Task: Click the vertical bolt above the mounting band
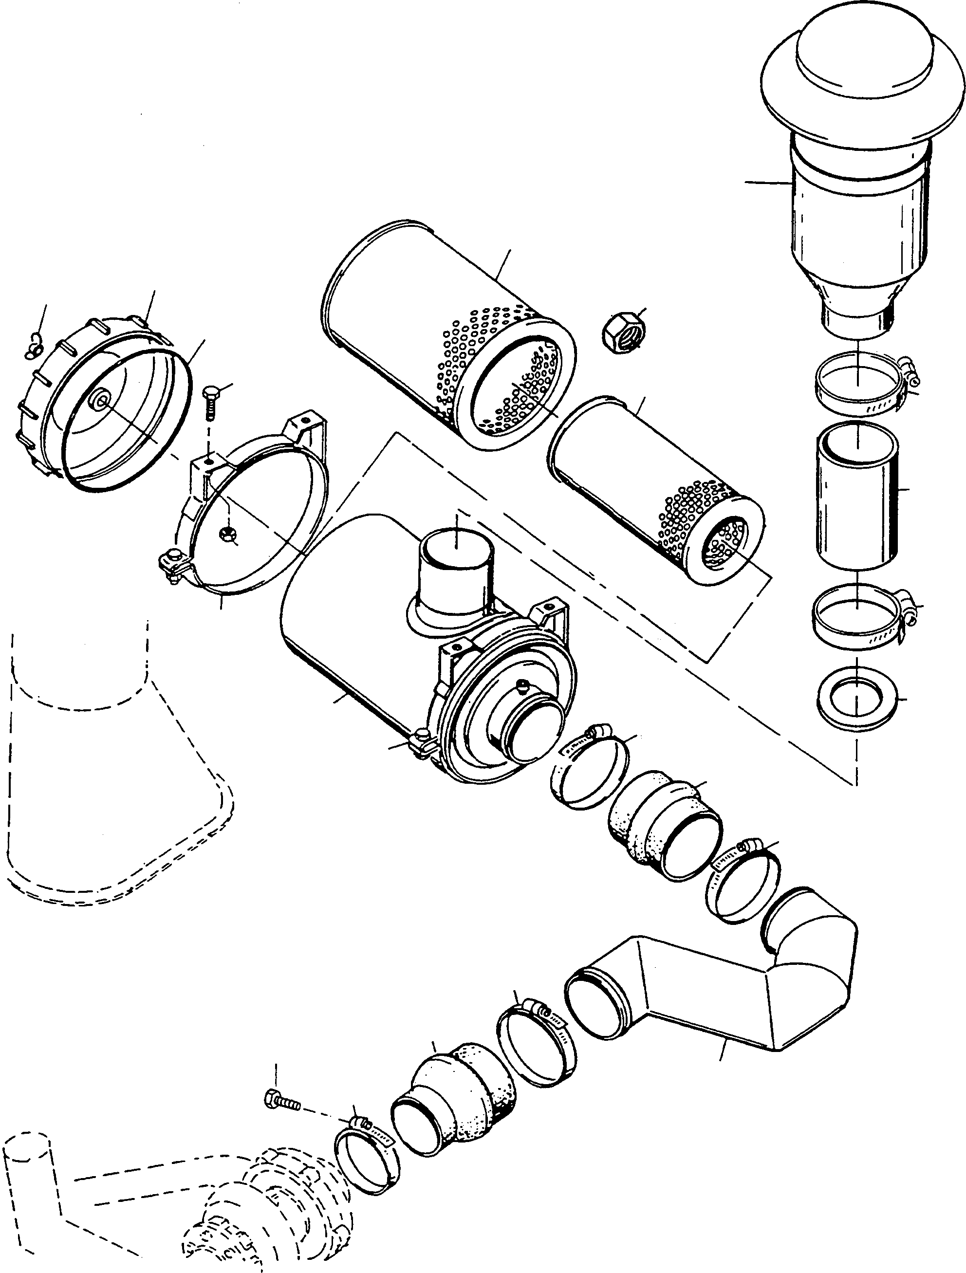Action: coord(210,406)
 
